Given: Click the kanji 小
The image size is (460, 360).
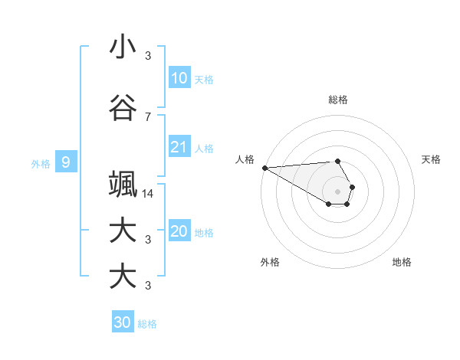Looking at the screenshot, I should pos(123,47).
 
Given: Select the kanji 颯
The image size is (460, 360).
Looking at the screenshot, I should pos(123,185).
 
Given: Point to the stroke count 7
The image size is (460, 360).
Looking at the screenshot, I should pos(148,116).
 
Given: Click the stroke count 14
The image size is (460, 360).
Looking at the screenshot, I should pos(148,194).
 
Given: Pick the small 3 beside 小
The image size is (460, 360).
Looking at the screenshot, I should pos(148,56).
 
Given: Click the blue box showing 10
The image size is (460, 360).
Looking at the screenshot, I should pos(179,78).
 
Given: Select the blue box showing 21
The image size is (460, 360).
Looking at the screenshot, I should pos(179,147).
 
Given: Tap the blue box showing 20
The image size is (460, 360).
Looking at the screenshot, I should pos(179,231).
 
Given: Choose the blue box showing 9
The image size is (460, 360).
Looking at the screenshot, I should pos(67,162).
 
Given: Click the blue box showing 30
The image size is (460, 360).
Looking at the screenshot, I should pos(123,322).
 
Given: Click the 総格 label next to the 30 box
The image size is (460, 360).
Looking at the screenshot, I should pos(147,324).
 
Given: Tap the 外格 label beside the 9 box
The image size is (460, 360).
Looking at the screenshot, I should pos(40,163).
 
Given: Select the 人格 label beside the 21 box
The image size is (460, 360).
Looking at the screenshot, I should pos(204,149).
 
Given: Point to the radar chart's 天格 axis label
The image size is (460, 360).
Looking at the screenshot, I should pos(432,159).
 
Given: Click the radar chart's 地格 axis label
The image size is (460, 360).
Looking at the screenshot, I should pos(402,262).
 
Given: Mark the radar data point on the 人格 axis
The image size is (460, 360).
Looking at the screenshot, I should pos(264,168).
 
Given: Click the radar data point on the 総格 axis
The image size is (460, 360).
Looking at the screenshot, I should pos(338,161).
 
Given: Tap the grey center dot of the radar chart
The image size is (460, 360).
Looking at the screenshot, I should pos(338,191).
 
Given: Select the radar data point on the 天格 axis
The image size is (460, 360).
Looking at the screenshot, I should pos(352,186).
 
